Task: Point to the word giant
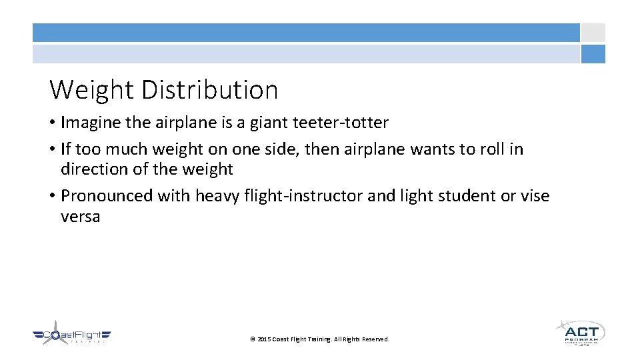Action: pos(268,123)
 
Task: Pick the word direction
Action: pos(94,169)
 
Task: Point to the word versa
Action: pos(80,217)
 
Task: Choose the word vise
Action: pos(535,196)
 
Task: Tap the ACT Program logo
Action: pos(580,332)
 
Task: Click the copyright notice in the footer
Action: pos(319,339)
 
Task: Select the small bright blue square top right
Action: pos(593,54)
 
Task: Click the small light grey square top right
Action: pos(593,33)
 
